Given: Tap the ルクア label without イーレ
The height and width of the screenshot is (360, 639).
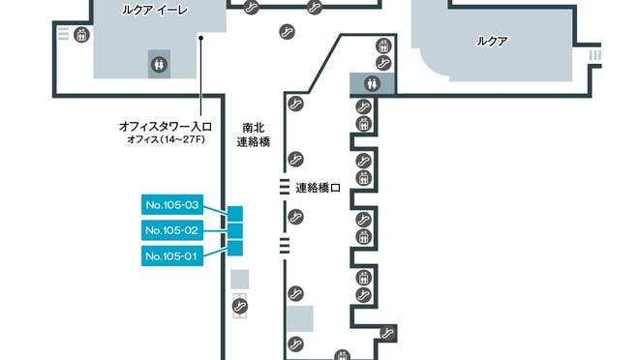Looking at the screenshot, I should (493, 42).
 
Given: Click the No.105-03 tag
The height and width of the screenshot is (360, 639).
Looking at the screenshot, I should (172, 205).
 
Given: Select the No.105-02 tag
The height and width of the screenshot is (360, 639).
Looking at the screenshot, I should (172, 230).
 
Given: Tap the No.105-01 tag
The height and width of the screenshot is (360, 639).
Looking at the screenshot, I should (172, 255).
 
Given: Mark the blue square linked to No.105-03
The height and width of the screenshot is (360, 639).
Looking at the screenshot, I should (234, 214).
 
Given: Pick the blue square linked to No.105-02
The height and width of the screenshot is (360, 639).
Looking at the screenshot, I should (234, 230).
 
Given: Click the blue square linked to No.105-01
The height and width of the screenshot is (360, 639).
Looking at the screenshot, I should (234, 247).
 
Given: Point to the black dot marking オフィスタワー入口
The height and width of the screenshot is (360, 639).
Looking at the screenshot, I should (200, 39).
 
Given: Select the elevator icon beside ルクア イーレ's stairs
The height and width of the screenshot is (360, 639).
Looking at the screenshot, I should (80, 35).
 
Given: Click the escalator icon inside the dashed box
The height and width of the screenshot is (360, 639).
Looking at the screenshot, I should (239, 306).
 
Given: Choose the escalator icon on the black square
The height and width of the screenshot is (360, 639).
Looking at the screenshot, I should (388, 333).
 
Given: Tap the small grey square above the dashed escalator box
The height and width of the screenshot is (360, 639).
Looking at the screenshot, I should (239, 279).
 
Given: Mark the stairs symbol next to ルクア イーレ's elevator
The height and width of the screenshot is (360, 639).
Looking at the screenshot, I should (63, 35).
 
